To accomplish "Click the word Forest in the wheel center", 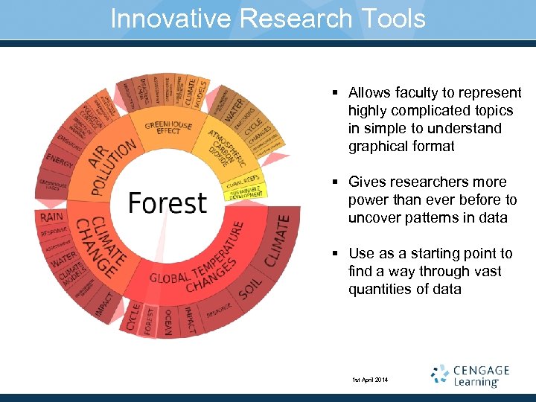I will pos(167,202).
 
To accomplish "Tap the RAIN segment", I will pos(51,217).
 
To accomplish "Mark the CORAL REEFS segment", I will pos(242,179).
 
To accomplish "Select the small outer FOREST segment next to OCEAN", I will pos(150,320).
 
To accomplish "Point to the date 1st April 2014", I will pos(369,380).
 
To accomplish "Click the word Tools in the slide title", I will pos(389,18).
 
